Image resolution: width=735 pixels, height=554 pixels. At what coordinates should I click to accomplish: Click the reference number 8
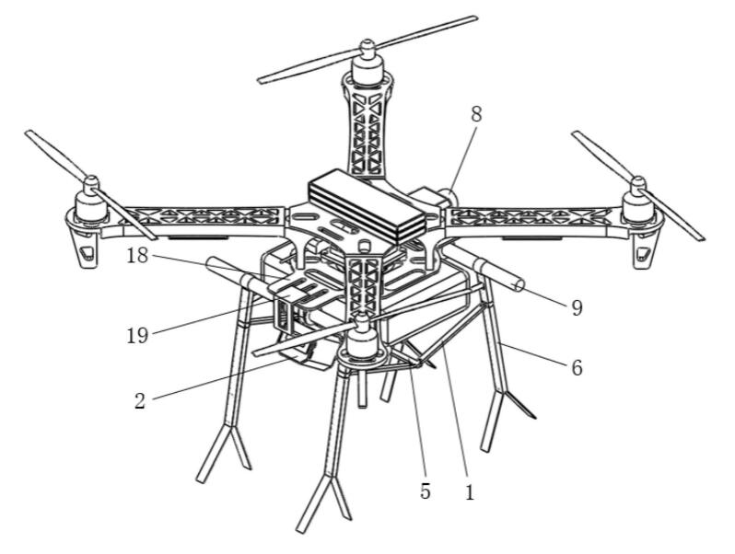click(476, 114)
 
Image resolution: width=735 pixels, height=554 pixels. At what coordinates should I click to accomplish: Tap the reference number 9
click(577, 308)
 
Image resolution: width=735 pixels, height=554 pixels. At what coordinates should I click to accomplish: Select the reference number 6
click(577, 368)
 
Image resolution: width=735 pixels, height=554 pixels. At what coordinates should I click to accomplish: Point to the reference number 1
click(469, 492)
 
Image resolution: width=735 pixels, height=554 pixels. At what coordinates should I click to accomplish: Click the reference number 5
click(426, 491)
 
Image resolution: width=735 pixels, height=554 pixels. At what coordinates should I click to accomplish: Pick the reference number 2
click(140, 402)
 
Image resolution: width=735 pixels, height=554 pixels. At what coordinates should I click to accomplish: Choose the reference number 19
click(137, 336)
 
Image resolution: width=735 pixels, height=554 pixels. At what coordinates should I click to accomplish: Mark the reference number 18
click(137, 256)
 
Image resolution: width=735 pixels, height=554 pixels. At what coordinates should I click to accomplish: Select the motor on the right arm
click(638, 202)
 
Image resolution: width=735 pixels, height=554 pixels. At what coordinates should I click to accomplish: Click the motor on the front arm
click(361, 339)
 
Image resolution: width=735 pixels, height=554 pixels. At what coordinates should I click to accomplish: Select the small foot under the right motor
click(643, 250)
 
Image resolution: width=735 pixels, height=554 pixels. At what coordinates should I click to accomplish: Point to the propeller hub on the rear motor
click(366, 46)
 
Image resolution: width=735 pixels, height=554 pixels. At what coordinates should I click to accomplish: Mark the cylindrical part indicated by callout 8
click(449, 196)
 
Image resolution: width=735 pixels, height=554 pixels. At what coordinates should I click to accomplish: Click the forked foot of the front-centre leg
click(324, 502)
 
